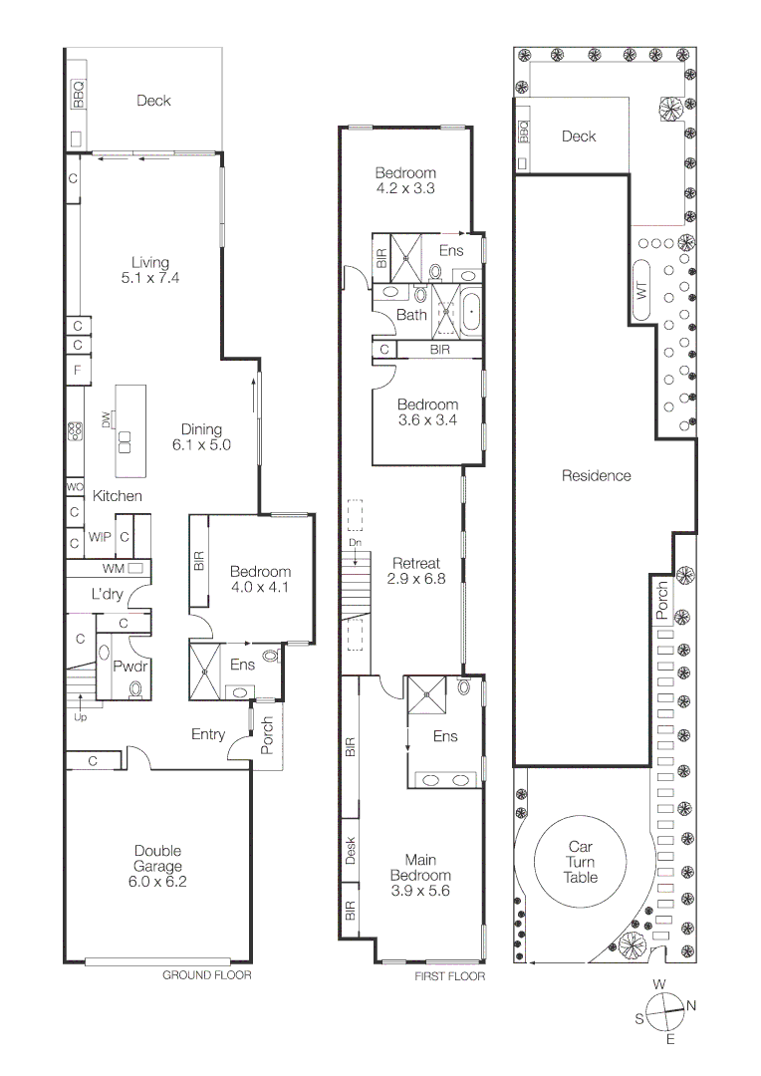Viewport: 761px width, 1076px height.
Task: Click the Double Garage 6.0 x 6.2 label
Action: tap(158, 866)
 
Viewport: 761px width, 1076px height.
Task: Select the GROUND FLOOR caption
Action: tap(207, 975)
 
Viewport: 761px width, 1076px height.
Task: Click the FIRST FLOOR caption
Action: tap(449, 976)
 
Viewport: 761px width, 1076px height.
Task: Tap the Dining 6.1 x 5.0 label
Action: tap(201, 437)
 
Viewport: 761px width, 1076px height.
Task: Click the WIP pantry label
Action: tap(99, 537)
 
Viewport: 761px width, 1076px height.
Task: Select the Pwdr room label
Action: tap(129, 666)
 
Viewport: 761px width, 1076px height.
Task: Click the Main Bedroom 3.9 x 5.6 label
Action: tap(419, 875)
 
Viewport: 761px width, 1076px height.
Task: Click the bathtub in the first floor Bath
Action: tap(471, 311)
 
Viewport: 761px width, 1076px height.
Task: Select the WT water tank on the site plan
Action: tap(641, 291)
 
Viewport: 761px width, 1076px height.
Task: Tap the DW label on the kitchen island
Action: tap(106, 424)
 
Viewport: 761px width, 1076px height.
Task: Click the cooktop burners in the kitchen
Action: tap(75, 431)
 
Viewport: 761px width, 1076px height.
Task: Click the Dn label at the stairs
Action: tap(354, 542)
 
